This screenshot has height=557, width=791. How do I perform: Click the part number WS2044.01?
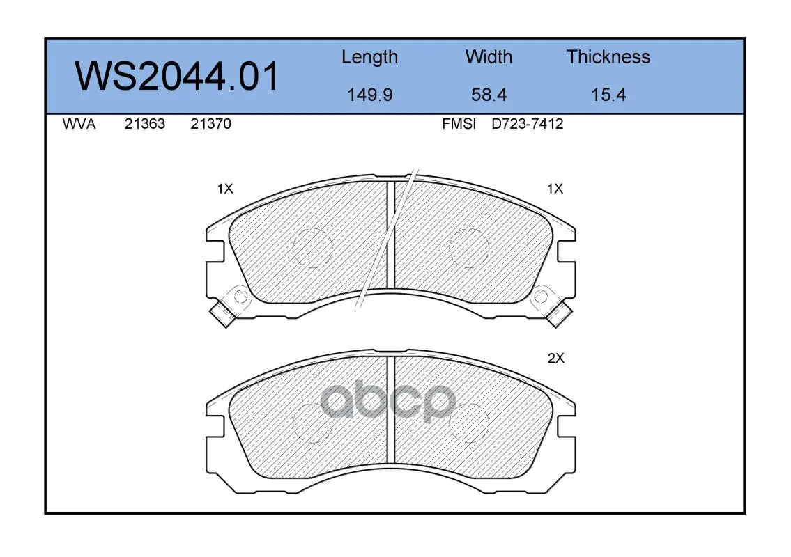pos(176,77)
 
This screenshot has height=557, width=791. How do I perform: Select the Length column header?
pos(370,57)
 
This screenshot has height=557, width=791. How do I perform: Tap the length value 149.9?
pos(370,95)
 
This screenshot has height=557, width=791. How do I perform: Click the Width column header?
pos(489,56)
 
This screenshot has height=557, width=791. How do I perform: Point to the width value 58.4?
pos(489,95)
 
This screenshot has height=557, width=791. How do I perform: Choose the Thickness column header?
pos(608,56)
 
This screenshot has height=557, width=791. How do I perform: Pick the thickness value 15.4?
pos(608,95)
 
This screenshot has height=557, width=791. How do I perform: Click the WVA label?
pos(79,124)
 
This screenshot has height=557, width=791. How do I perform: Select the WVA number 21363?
pos(145,124)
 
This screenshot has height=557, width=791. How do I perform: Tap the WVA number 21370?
pos(211,124)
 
